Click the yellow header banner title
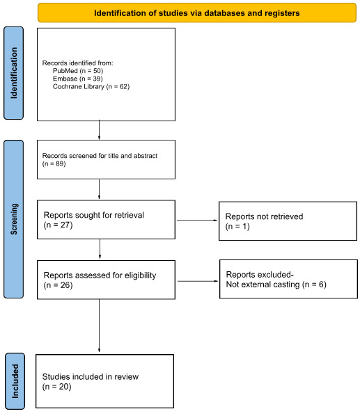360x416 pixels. (198, 12)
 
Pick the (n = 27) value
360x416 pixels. (58, 226)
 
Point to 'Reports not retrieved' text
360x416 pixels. (264, 217)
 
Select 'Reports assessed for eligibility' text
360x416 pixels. (100, 275)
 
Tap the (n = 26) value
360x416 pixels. (58, 285)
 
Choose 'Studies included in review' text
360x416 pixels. (91, 376)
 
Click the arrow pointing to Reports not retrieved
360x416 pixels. (198, 221)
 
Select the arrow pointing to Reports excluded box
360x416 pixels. (198, 281)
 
